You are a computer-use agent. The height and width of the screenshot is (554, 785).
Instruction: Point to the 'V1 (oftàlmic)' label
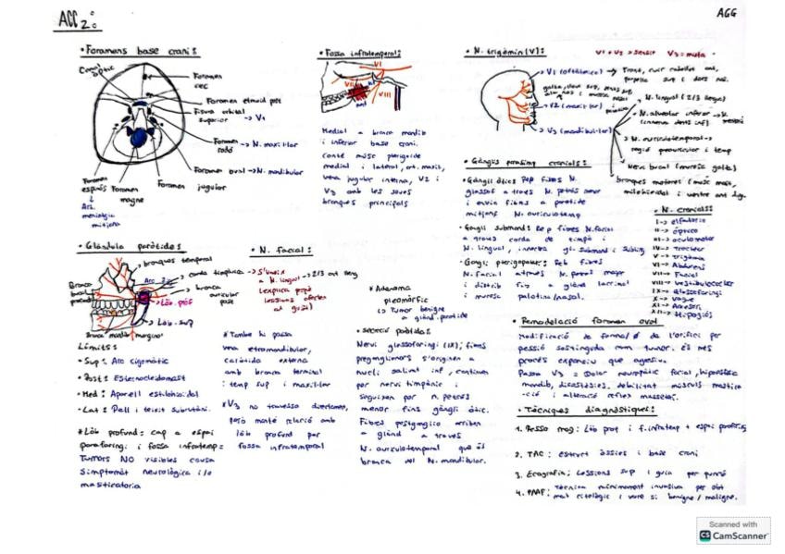click(565, 71)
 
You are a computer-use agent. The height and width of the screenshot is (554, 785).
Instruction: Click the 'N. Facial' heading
click(282, 250)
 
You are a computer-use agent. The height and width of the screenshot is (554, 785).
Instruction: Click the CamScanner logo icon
click(706, 535)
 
